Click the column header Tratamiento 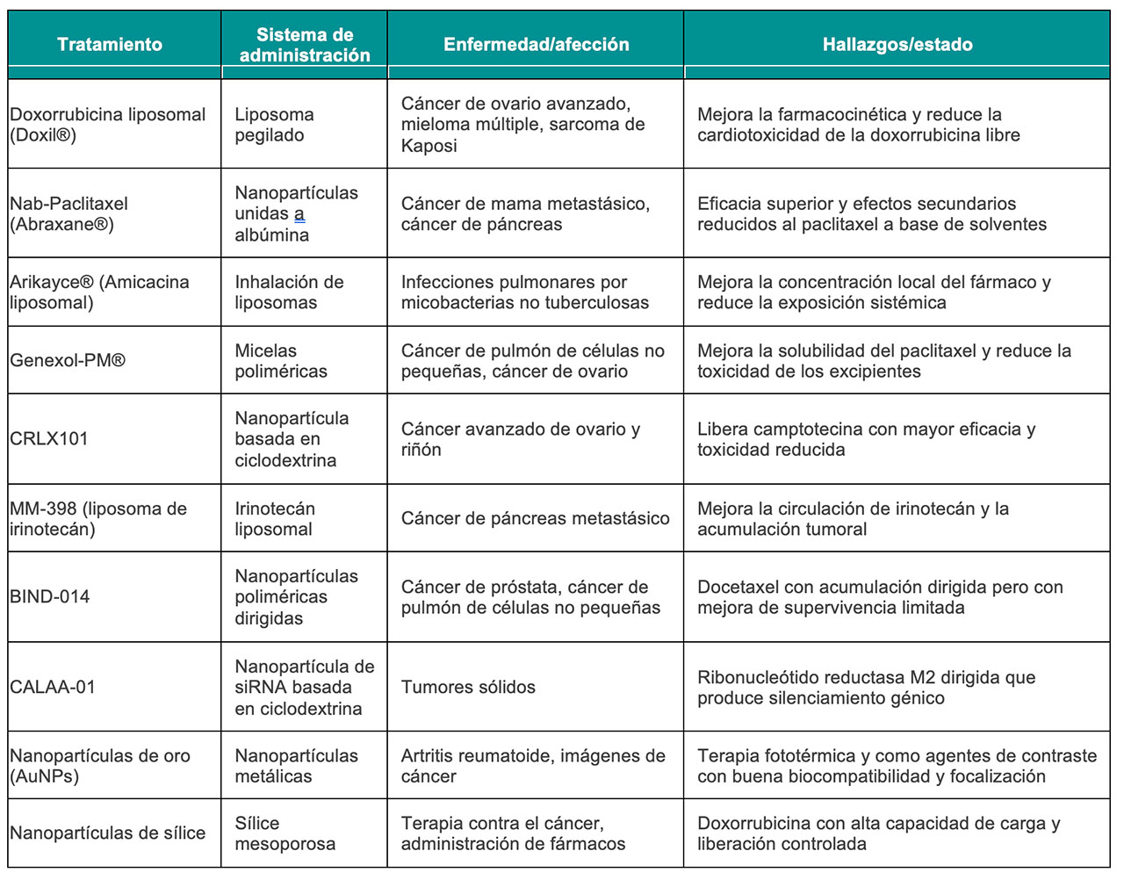coord(110,45)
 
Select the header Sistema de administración coord(304,45)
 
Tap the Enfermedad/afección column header coord(536,45)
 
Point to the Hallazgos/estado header coord(897,45)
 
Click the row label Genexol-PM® coord(68,361)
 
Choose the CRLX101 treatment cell coord(49,439)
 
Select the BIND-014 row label coord(50,597)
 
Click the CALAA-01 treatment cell coord(53,688)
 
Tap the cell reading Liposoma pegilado coord(274,125)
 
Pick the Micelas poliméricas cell coord(281,361)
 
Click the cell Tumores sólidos coord(468,688)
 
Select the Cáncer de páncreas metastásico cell coord(535,519)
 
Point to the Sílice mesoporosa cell coord(285,834)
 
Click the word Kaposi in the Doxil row coord(429,147)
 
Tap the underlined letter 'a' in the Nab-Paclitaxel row coord(299,214)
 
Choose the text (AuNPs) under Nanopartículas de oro coord(44,777)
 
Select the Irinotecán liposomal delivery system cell coord(274,519)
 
